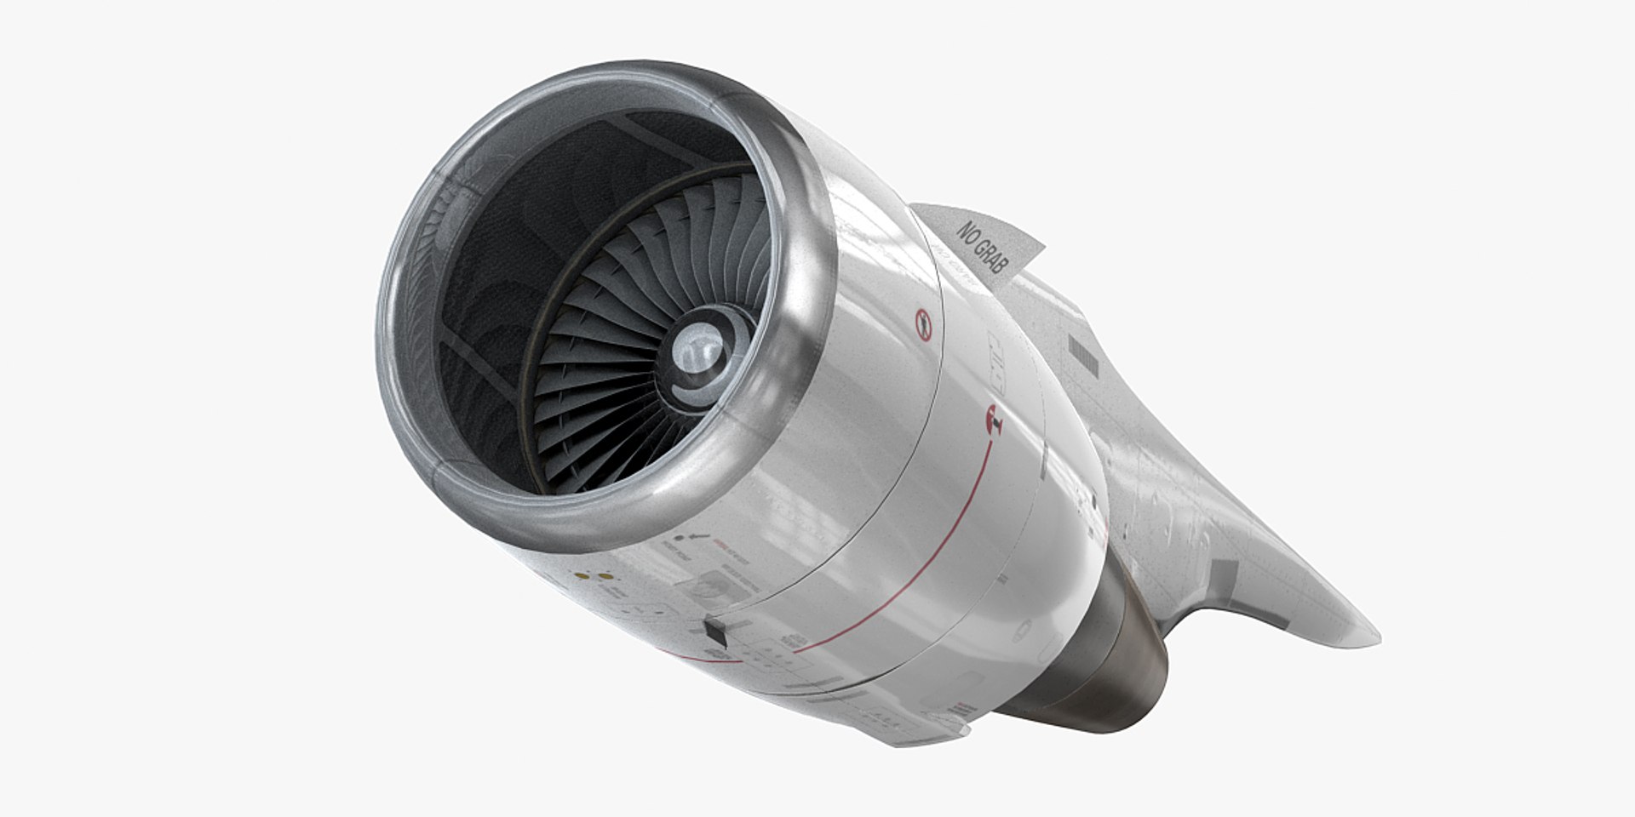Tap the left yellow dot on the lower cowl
click(x=582, y=576)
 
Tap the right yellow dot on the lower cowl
click(x=605, y=576)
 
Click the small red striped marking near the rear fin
click(x=964, y=708)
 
